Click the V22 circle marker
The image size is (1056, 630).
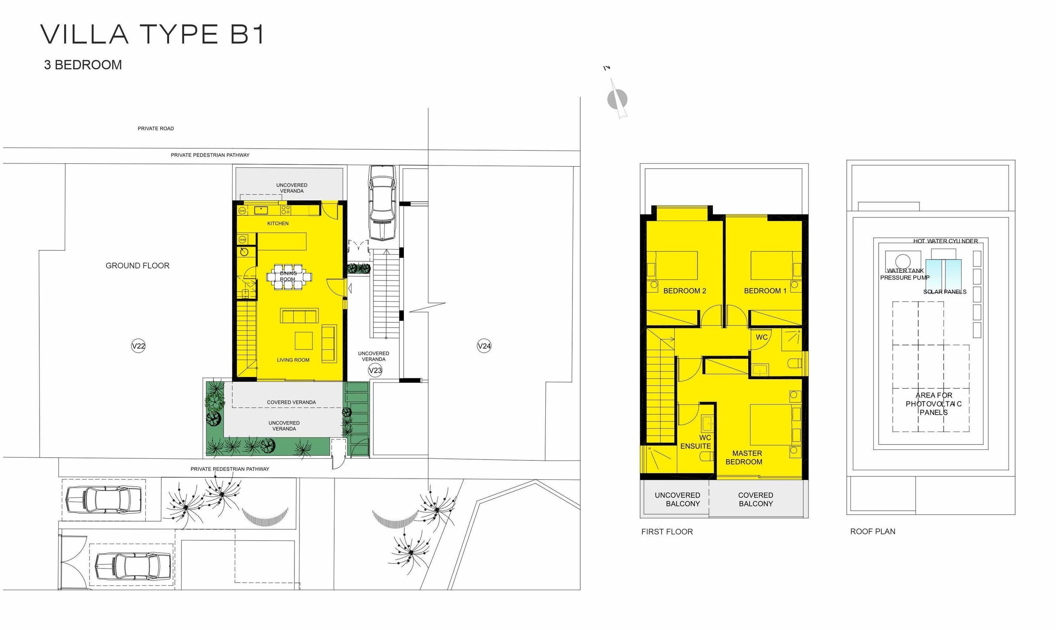[x=138, y=346]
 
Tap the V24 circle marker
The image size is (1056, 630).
[x=484, y=346]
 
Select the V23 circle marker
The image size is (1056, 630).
[x=375, y=370]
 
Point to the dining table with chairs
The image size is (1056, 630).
[x=289, y=277]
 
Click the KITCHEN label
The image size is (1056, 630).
[x=278, y=223]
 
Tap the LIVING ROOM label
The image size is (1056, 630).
[x=293, y=360]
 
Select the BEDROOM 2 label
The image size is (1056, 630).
[x=685, y=291]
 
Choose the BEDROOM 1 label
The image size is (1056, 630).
[x=765, y=291]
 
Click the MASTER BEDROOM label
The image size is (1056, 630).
[x=744, y=458]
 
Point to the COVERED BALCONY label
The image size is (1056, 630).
[x=756, y=499]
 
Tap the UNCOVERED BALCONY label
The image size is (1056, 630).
[x=678, y=499]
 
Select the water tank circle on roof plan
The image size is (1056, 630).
[x=903, y=261]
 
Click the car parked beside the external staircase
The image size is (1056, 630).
[x=382, y=203]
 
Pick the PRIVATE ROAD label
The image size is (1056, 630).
[x=156, y=129]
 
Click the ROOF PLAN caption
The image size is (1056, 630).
[x=872, y=531]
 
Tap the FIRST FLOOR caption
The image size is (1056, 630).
[x=667, y=531]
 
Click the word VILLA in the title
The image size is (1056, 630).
[x=85, y=34]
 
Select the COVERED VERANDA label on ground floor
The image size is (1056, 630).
[x=291, y=402]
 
